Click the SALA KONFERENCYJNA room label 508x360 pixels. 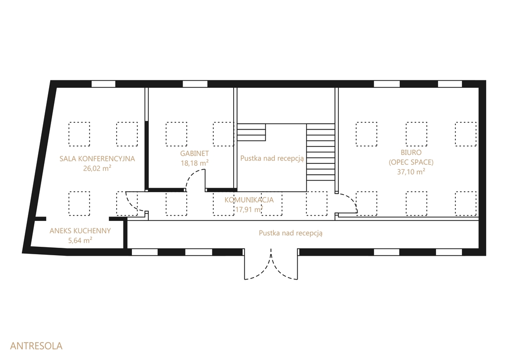pyautogui.click(x=97, y=158)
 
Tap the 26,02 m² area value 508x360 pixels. pyautogui.click(x=97, y=168)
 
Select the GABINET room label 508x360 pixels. pyautogui.click(x=194, y=153)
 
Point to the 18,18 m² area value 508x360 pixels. pyautogui.click(x=194, y=163)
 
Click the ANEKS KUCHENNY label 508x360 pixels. pyautogui.click(x=80, y=231)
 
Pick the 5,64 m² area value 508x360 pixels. pyautogui.click(x=80, y=240)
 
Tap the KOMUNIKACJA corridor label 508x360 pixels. pyautogui.click(x=249, y=200)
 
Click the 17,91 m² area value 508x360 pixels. pyautogui.click(x=249, y=209)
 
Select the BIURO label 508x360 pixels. pyautogui.click(x=411, y=152)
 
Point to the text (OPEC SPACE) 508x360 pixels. pyautogui.click(x=411, y=162)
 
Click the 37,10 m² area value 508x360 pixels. pyautogui.click(x=411, y=172)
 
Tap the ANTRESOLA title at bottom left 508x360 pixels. pyautogui.click(x=36, y=346)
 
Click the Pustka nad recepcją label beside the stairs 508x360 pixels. pyautogui.click(x=272, y=158)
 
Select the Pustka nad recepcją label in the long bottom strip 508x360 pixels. pyautogui.click(x=291, y=233)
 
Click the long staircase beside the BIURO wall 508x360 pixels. pyautogui.click(x=321, y=152)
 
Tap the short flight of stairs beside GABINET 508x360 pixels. pyautogui.click(x=252, y=132)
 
